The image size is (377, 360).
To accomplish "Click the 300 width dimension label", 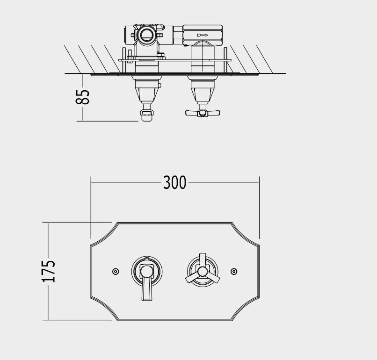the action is click(174, 182).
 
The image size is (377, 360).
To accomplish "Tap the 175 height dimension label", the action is click(49, 271).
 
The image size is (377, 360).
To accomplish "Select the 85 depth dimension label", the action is click(82, 97).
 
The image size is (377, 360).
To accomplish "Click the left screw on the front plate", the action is click(116, 272).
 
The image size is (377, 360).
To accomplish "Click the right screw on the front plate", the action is click(234, 272).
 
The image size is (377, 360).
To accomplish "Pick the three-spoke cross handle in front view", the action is click(203, 270).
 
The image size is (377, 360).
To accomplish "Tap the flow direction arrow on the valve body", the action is click(203, 35).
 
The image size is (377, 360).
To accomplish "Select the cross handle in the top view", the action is click(203, 113).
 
